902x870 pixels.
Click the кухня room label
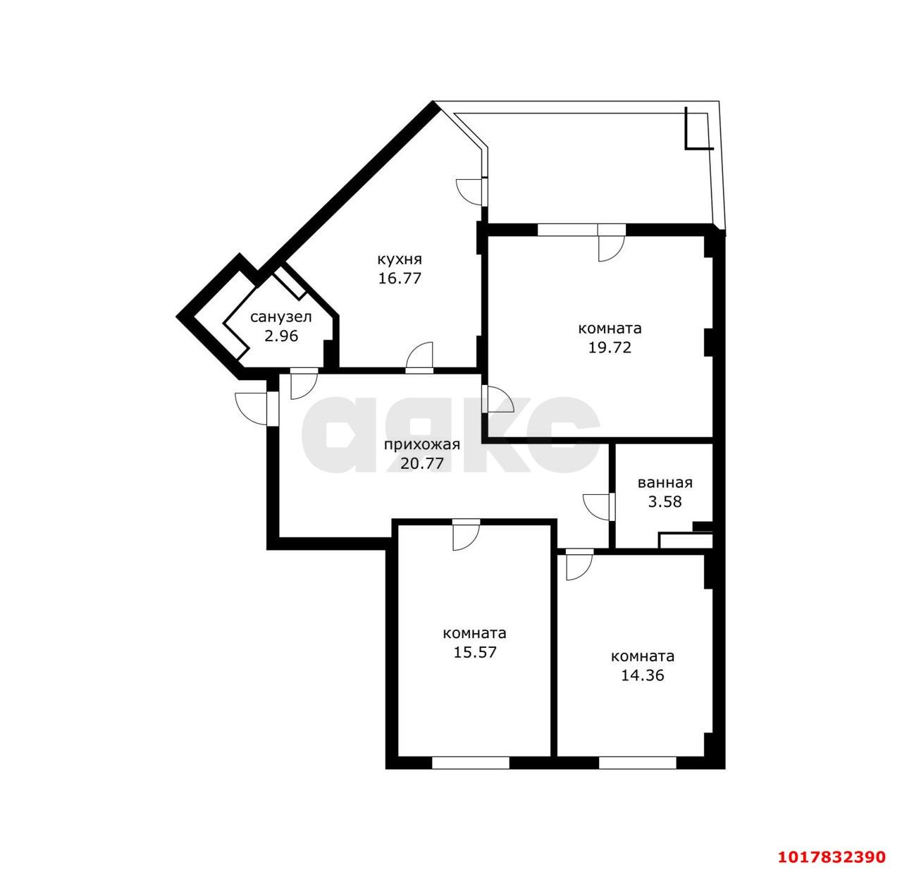(399, 259)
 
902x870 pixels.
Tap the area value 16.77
(400, 278)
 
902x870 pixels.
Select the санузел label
(281, 317)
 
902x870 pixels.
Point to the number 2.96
(281, 336)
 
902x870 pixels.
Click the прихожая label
(422, 444)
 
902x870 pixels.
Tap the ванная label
(665, 483)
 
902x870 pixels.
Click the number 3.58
(665, 501)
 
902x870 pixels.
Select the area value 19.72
(610, 348)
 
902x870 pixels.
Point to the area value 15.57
(475, 652)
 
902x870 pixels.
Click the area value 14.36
(643, 675)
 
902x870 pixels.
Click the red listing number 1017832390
(832, 855)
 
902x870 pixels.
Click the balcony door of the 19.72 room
(610, 243)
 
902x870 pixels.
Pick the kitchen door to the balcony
(471, 191)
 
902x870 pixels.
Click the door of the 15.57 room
(465, 534)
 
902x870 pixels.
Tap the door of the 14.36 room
(579, 564)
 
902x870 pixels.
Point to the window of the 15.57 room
(470, 762)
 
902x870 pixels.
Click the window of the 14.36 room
(638, 762)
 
